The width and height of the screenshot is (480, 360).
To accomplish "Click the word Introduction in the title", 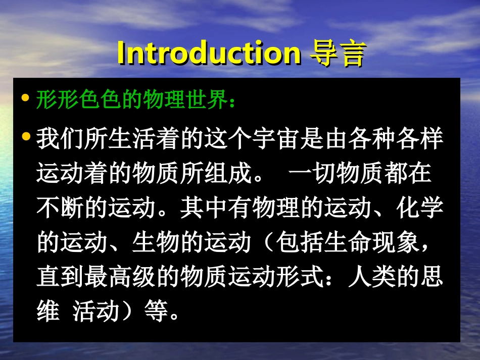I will tap(209, 52).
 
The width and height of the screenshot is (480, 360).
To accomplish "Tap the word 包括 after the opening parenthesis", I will tap(299, 243).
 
